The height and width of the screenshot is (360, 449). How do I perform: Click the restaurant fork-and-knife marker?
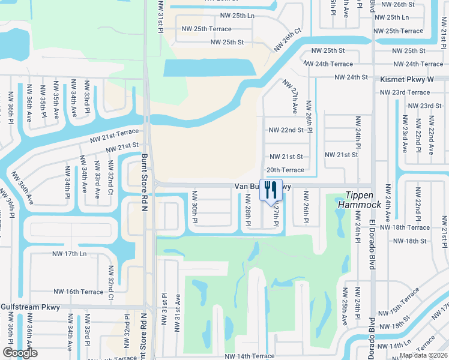click(x=270, y=190)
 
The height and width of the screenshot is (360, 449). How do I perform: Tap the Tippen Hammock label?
click(x=363, y=200)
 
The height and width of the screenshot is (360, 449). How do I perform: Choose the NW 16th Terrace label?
click(x=78, y=292)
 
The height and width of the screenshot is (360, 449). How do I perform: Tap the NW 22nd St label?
click(x=286, y=130)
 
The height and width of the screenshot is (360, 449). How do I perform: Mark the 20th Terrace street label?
click(x=285, y=170)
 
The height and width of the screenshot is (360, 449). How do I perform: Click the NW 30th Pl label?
click(x=194, y=207)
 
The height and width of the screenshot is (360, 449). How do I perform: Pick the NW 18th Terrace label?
click(x=411, y=228)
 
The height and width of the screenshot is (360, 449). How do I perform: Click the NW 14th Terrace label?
click(x=249, y=356)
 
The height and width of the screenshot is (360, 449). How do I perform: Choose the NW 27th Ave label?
click(x=291, y=98)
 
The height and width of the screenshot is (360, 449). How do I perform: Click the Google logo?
click(x=20, y=353)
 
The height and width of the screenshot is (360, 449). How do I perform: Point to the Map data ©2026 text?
click(x=423, y=355)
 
